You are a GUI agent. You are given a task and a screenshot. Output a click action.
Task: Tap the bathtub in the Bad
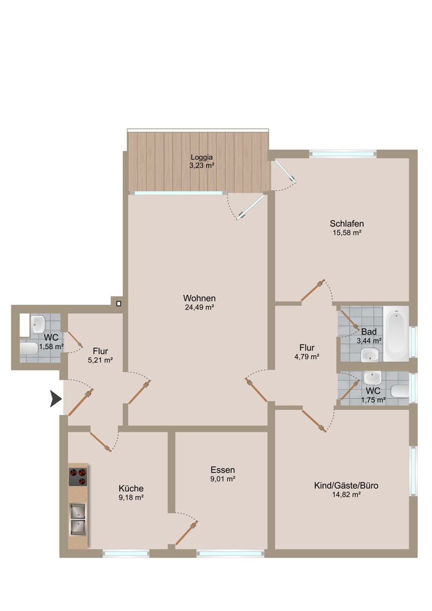click(396, 334)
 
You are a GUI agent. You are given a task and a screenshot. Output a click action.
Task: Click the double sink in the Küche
click(77, 519)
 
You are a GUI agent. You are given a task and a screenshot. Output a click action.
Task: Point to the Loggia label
click(202, 157)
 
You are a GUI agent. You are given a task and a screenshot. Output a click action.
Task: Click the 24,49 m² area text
click(199, 307)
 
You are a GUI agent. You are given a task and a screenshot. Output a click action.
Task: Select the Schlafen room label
click(346, 224)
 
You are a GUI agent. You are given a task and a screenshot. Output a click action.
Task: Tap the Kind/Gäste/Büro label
click(346, 485)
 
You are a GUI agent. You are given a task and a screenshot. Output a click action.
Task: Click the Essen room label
click(223, 470)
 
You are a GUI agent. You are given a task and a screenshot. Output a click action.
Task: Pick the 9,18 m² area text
click(131, 497)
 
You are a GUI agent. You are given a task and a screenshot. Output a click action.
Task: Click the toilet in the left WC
click(30, 349)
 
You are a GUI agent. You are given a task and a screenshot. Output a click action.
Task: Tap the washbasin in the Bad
click(369, 354)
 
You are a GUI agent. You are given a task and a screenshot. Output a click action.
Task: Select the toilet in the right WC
click(400, 391)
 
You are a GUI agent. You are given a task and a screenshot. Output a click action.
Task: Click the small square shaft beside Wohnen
click(118, 304)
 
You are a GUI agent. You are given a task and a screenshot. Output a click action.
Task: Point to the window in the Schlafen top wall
click(342, 153)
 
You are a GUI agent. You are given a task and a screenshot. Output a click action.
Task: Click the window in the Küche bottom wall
click(126, 553)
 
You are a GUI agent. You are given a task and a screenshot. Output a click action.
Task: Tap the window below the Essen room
click(230, 553)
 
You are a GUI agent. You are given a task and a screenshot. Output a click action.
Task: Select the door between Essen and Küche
click(186, 532)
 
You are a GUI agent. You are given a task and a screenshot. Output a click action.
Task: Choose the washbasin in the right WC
click(373, 378)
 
